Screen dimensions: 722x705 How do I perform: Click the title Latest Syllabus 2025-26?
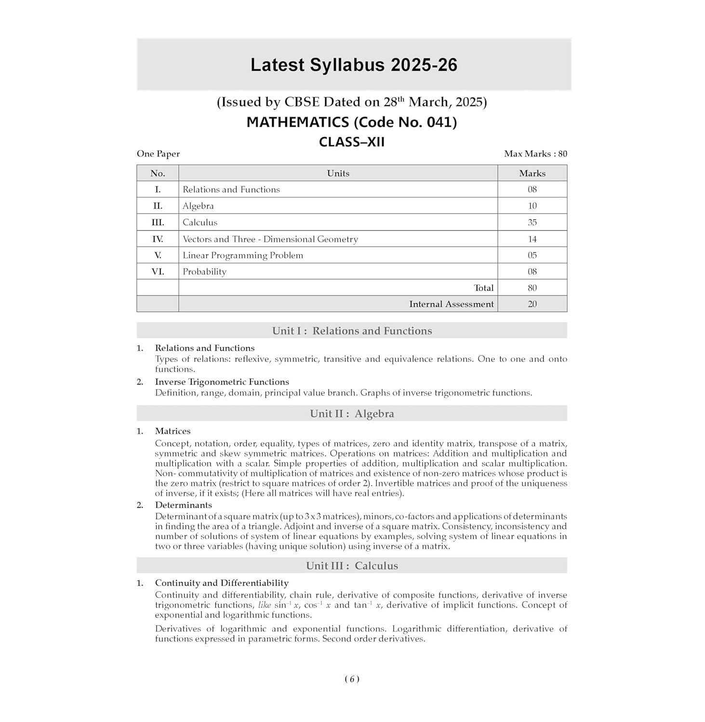pos(353,65)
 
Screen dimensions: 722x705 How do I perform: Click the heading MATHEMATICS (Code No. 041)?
pos(351,122)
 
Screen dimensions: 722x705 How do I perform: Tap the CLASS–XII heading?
pos(351,142)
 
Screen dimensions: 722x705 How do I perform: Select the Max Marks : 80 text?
pos(535,154)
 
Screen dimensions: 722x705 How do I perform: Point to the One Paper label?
pos(158,154)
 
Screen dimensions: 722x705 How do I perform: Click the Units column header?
pos(338,173)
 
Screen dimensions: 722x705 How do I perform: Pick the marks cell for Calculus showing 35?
pos(532,222)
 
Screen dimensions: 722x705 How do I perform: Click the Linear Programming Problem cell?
pos(243,255)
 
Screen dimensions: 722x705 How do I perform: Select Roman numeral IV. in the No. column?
pos(158,239)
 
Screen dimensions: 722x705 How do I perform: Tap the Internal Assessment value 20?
pos(532,304)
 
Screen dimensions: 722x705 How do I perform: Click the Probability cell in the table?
pos(204,271)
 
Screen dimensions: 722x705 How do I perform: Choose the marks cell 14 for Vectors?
pos(532,239)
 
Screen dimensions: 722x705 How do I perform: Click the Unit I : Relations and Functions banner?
pos(352,331)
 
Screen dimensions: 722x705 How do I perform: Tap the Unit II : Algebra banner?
pos(352,413)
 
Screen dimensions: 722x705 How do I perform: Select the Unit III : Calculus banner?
pos(352,566)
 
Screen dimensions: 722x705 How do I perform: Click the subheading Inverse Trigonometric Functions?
pos(222,382)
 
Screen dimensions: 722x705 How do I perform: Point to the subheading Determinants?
pos(183,505)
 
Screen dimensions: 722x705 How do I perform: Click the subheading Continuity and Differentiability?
pos(222,583)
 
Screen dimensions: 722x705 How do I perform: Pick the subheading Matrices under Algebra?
pos(173,431)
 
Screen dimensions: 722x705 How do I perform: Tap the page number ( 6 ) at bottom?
pos(352,679)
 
